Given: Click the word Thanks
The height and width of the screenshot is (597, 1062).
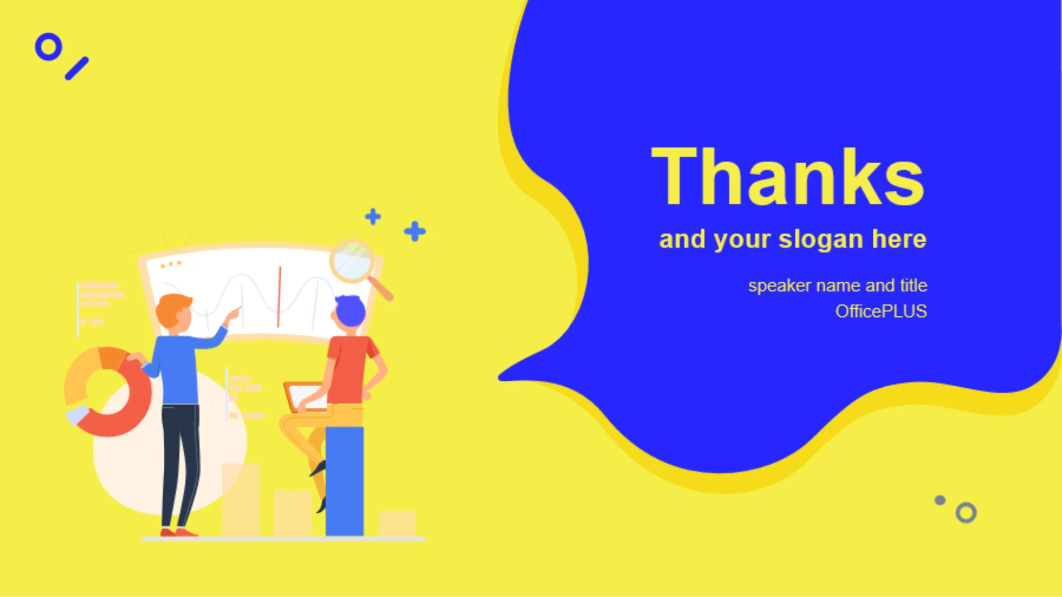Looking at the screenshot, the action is point(788,177).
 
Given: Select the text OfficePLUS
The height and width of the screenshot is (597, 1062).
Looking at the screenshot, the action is point(881,312).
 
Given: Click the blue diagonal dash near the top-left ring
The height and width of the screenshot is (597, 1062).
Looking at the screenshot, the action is point(77,69).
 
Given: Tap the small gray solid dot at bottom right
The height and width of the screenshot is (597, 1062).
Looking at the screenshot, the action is point(940,500).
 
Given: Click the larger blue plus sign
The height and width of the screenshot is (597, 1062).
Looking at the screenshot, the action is point(415,231).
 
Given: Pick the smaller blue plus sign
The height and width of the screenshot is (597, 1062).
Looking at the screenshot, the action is point(373,216).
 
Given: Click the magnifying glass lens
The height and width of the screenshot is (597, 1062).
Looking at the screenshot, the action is point(352,260).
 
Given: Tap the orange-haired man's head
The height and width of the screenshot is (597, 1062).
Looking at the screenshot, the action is point(174,313).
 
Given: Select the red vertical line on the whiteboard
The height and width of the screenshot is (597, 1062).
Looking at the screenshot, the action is point(279,297).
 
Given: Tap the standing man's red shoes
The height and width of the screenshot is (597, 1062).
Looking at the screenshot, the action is point(178,532).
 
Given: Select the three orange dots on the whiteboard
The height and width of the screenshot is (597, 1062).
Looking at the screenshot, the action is point(171,264).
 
